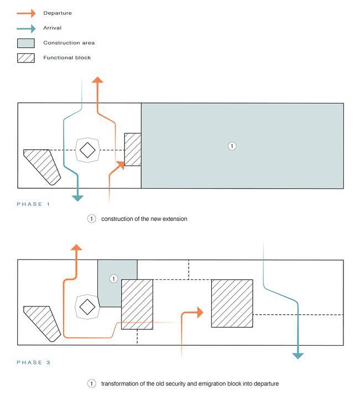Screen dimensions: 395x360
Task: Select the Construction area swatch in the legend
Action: tap(25, 43)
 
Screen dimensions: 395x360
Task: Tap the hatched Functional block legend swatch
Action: tap(25, 58)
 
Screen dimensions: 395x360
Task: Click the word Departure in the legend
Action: tap(58, 13)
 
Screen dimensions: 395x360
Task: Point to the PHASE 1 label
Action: tap(33, 204)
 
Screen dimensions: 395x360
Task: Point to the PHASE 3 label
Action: tap(33, 362)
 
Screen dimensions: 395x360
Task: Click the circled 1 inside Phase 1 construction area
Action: tap(232, 146)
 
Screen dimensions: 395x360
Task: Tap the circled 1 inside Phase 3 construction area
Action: tap(113, 279)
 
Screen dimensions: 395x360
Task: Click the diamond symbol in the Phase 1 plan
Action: tap(87, 150)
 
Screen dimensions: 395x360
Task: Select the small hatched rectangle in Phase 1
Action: tap(133, 149)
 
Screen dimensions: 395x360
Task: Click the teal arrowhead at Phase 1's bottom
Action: tap(78, 197)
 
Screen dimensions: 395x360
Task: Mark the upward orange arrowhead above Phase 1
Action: tap(98, 80)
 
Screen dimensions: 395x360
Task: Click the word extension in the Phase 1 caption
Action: tap(174, 219)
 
